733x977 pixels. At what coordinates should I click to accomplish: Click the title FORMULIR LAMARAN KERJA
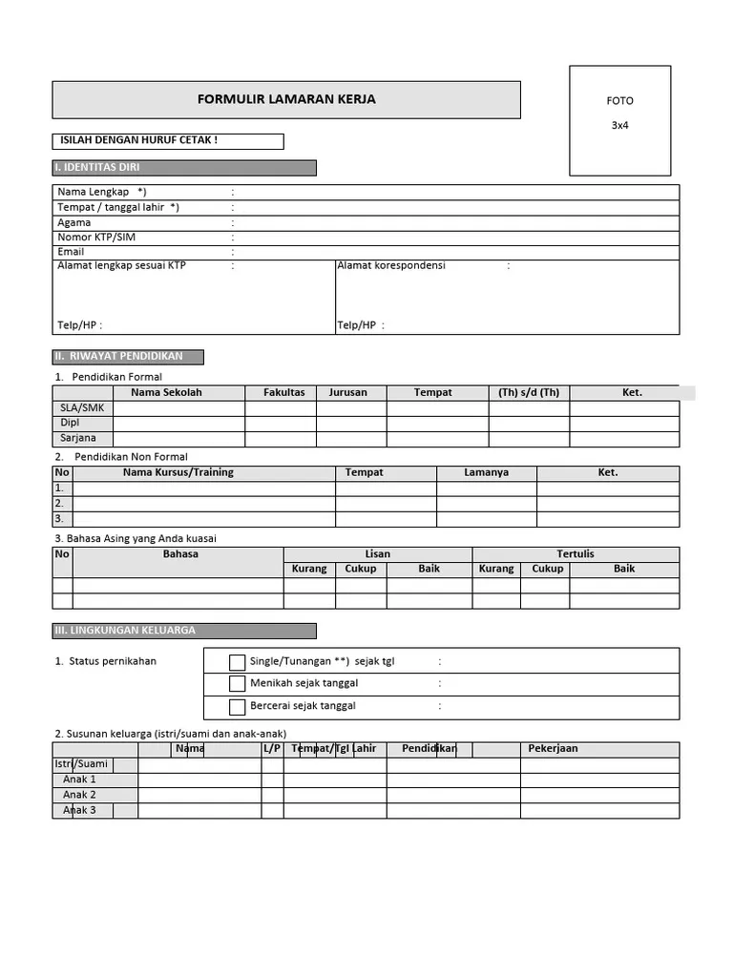pyautogui.click(x=286, y=99)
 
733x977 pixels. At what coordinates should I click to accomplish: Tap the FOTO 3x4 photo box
pyautogui.click(x=619, y=120)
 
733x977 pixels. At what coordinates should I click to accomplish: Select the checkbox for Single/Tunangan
pyautogui.click(x=238, y=662)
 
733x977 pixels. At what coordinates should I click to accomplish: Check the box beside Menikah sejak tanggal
pyautogui.click(x=238, y=684)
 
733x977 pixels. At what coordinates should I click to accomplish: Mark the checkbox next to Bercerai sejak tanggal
pyautogui.click(x=238, y=707)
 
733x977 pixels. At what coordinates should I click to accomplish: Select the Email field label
pyautogui.click(x=71, y=252)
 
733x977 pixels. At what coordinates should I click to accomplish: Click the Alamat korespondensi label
pyautogui.click(x=391, y=266)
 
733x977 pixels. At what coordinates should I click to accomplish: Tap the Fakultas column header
pyautogui.click(x=283, y=392)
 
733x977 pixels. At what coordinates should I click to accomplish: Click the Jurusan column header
pyautogui.click(x=348, y=392)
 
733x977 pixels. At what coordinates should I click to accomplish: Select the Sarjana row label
pyautogui.click(x=78, y=438)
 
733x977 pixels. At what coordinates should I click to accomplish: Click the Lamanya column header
pyautogui.click(x=486, y=472)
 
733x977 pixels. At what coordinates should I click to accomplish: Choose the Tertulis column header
pyautogui.click(x=575, y=553)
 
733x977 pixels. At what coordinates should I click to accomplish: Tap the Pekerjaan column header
pyautogui.click(x=553, y=749)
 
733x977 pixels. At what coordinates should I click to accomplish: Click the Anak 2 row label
pyautogui.click(x=79, y=795)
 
